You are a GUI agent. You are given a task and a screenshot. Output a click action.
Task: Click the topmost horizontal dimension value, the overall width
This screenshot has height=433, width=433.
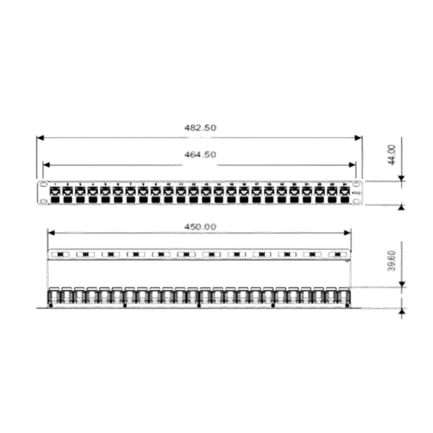(x=201, y=128)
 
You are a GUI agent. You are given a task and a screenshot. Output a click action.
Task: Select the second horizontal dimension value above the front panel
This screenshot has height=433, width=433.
(x=201, y=154)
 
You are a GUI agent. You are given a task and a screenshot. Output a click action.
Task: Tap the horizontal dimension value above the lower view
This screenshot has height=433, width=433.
(x=201, y=227)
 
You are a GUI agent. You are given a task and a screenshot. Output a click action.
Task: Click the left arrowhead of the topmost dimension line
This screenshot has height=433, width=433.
(x=40, y=137)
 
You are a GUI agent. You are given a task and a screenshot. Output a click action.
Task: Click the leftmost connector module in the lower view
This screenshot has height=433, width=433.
(x=55, y=297)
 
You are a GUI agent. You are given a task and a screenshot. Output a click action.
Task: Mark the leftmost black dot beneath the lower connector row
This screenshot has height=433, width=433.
(x=52, y=306)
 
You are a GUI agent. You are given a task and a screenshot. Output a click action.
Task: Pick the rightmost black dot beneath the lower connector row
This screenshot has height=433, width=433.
(x=347, y=306)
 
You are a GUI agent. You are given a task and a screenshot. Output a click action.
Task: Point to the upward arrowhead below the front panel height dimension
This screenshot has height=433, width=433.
(x=402, y=207)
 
